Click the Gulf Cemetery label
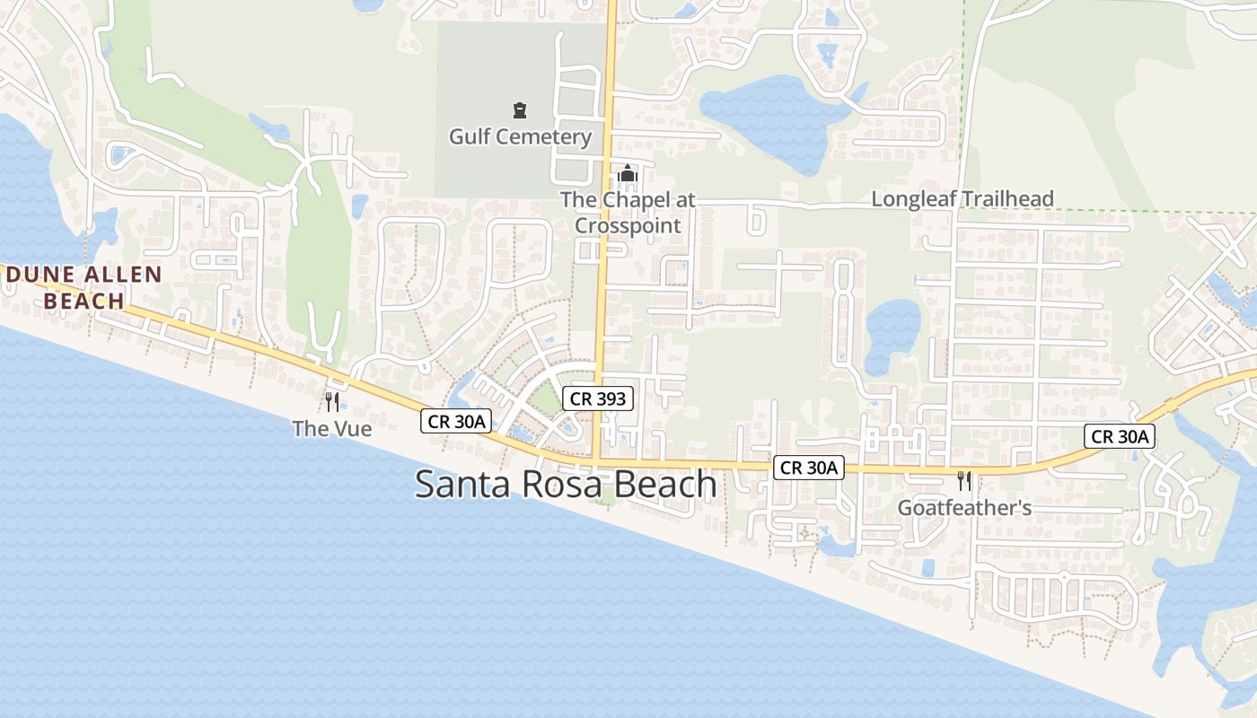[x=520, y=136]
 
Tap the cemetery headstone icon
[x=520, y=110]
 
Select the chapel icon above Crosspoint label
[x=628, y=173]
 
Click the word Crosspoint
[x=628, y=225]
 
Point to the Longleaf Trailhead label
[x=963, y=198]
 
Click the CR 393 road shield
[x=599, y=398]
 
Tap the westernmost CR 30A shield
[x=457, y=421]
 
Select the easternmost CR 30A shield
[x=1119, y=437]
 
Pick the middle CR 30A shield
[x=809, y=467]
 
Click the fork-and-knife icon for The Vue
[x=332, y=402]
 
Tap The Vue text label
[x=332, y=429]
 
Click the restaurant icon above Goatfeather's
[x=964, y=481]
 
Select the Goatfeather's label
[x=964, y=508]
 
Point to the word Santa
[x=459, y=485]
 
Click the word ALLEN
[x=118, y=275]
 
